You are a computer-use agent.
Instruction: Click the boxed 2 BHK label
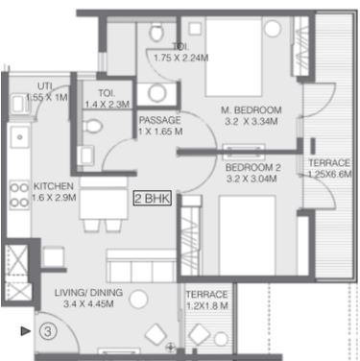point(153,199)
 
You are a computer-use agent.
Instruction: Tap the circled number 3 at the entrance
point(48,331)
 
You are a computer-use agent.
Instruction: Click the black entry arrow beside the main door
point(26,331)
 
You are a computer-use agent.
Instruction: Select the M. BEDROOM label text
point(252,110)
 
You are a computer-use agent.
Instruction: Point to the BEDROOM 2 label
point(252,167)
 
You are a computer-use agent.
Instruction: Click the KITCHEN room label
point(54,186)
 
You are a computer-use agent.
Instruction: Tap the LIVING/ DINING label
point(88,293)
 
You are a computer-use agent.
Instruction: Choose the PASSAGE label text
point(160,120)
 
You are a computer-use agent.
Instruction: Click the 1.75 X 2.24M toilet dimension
point(181,58)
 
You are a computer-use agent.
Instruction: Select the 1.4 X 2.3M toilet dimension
point(107,105)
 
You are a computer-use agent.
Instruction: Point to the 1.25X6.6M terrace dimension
point(329,175)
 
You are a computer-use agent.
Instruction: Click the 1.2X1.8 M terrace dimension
point(207,305)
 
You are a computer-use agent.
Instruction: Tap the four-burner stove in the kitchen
point(19,195)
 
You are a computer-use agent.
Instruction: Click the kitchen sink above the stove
point(20,137)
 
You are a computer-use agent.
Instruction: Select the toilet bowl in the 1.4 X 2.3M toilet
point(92,126)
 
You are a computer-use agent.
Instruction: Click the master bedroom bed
point(233,57)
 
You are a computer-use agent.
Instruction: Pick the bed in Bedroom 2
point(248,235)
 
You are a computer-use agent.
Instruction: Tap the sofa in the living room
point(141,266)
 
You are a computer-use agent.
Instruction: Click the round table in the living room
point(138,300)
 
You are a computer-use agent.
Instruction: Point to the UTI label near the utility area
point(45,86)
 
